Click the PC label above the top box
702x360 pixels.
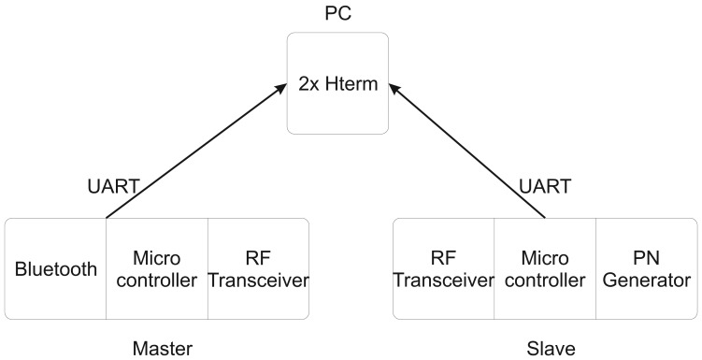point(338,15)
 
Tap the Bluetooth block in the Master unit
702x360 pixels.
point(56,270)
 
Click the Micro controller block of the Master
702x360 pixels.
point(156,270)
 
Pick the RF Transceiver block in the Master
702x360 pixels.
point(258,270)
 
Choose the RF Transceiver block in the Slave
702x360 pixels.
point(443,270)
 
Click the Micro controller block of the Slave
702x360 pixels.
point(545,270)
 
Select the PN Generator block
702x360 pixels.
point(646,270)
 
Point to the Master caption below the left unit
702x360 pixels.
point(163,348)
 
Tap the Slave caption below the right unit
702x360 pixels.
point(544,348)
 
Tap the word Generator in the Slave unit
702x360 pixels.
point(646,280)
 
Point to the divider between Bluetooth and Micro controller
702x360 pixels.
point(106,270)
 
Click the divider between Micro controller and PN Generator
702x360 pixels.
point(595,270)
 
